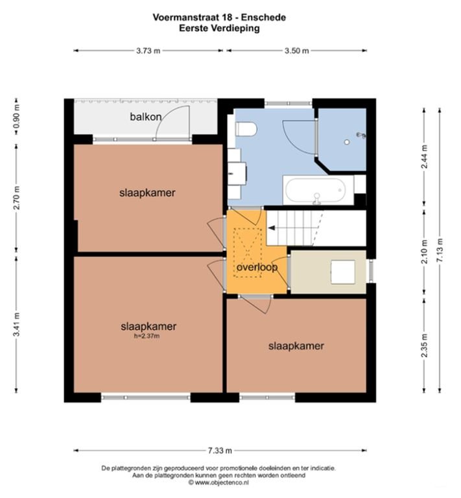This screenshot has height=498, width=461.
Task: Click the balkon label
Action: (x=145, y=117)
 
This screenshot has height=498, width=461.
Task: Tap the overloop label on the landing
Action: (x=257, y=267)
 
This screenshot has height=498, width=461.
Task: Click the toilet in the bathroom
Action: (x=246, y=130)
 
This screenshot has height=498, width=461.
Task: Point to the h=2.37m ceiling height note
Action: (x=148, y=336)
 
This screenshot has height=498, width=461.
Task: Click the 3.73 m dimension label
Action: (x=148, y=51)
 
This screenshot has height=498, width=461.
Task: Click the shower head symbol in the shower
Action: (x=361, y=135)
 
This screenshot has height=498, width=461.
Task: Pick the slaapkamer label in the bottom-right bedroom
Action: (x=296, y=346)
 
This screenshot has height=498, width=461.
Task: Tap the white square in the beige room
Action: (x=343, y=272)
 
